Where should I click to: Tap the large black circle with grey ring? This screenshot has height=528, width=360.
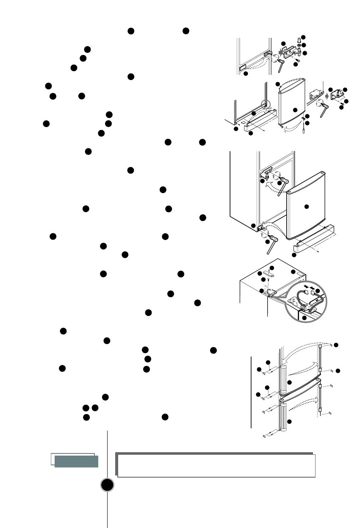(x=108, y=485)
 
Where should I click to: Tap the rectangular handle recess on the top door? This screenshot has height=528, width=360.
(x=242, y=67)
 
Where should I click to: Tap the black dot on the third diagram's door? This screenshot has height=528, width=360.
(x=307, y=206)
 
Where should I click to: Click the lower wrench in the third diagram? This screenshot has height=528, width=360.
(x=269, y=246)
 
